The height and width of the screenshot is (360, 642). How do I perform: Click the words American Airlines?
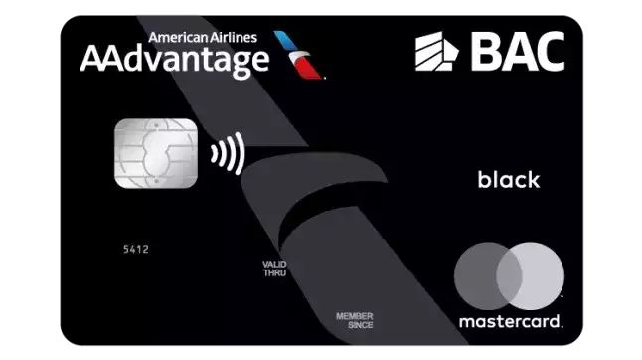point(202,38)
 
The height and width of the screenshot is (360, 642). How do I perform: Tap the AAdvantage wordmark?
point(174,61)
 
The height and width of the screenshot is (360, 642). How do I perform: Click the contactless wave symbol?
point(228,154)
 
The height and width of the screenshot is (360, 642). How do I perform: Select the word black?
point(508,180)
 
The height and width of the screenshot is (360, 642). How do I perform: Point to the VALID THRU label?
point(274,267)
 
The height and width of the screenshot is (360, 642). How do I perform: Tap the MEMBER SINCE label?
point(354,320)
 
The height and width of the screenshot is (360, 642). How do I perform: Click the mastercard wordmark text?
point(510,321)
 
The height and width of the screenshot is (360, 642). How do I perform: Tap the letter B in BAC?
point(487,50)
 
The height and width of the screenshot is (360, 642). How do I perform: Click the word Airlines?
point(237,38)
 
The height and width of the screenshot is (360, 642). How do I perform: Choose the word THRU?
point(274,271)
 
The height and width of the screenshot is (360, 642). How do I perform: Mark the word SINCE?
point(354,325)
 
